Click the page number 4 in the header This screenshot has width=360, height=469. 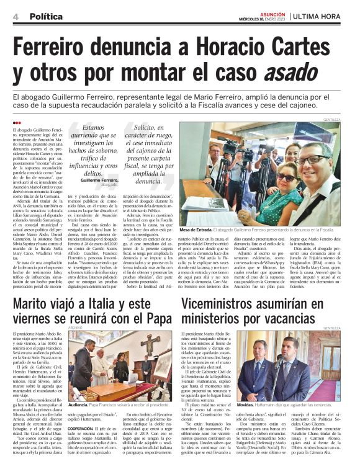click(x=16, y=17)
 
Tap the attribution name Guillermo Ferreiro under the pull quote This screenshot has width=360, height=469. click(x=99, y=179)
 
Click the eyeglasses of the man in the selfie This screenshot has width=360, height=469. click(x=321, y=159)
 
